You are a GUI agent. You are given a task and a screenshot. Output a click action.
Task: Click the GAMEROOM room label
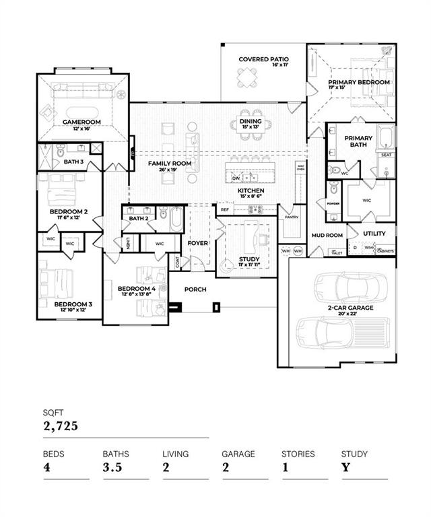point(81,122)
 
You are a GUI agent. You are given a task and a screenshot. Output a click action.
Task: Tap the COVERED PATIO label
point(263,59)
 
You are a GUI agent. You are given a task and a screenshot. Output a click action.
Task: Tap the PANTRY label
point(291,217)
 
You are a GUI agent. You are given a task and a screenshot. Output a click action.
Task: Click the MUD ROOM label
point(327,236)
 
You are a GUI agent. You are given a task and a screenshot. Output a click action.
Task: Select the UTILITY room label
point(374,234)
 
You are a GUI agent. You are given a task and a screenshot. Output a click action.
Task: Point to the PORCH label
point(196,289)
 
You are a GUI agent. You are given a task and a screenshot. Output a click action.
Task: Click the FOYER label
point(197,243)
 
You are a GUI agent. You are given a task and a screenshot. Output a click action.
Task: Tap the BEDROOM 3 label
point(73,304)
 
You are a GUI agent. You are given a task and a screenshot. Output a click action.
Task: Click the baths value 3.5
point(112,468)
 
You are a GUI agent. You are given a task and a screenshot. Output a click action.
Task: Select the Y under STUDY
point(345,468)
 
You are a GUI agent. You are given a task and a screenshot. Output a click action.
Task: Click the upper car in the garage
point(341,285)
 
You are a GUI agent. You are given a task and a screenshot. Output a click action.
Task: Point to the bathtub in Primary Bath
point(386,137)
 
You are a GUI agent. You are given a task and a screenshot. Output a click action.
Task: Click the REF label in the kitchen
point(225,210)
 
